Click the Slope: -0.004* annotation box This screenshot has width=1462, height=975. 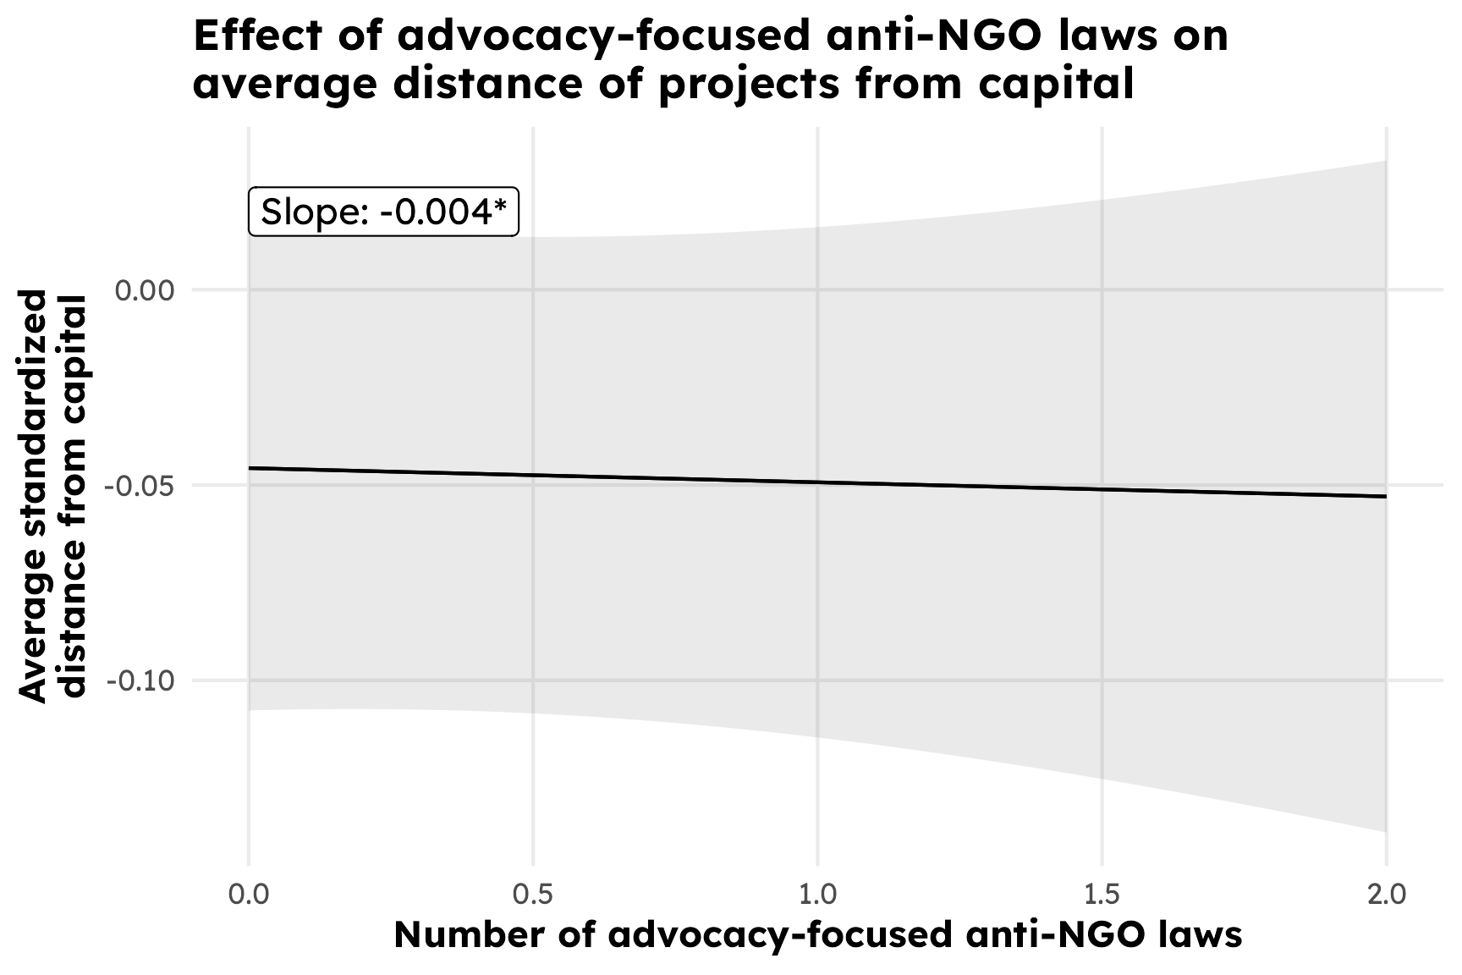click(383, 212)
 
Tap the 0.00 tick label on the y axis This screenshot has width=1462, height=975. click(144, 290)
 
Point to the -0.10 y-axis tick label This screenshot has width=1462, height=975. click(139, 680)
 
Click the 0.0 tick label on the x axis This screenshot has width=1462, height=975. click(248, 894)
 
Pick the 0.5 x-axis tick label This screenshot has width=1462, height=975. click(533, 894)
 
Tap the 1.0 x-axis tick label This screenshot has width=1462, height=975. click(817, 894)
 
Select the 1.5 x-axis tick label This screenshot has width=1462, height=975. click(1102, 894)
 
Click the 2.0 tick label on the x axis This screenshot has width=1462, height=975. click(1386, 894)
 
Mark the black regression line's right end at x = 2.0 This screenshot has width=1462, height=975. click(1385, 496)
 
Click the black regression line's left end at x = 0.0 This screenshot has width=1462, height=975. click(250, 468)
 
